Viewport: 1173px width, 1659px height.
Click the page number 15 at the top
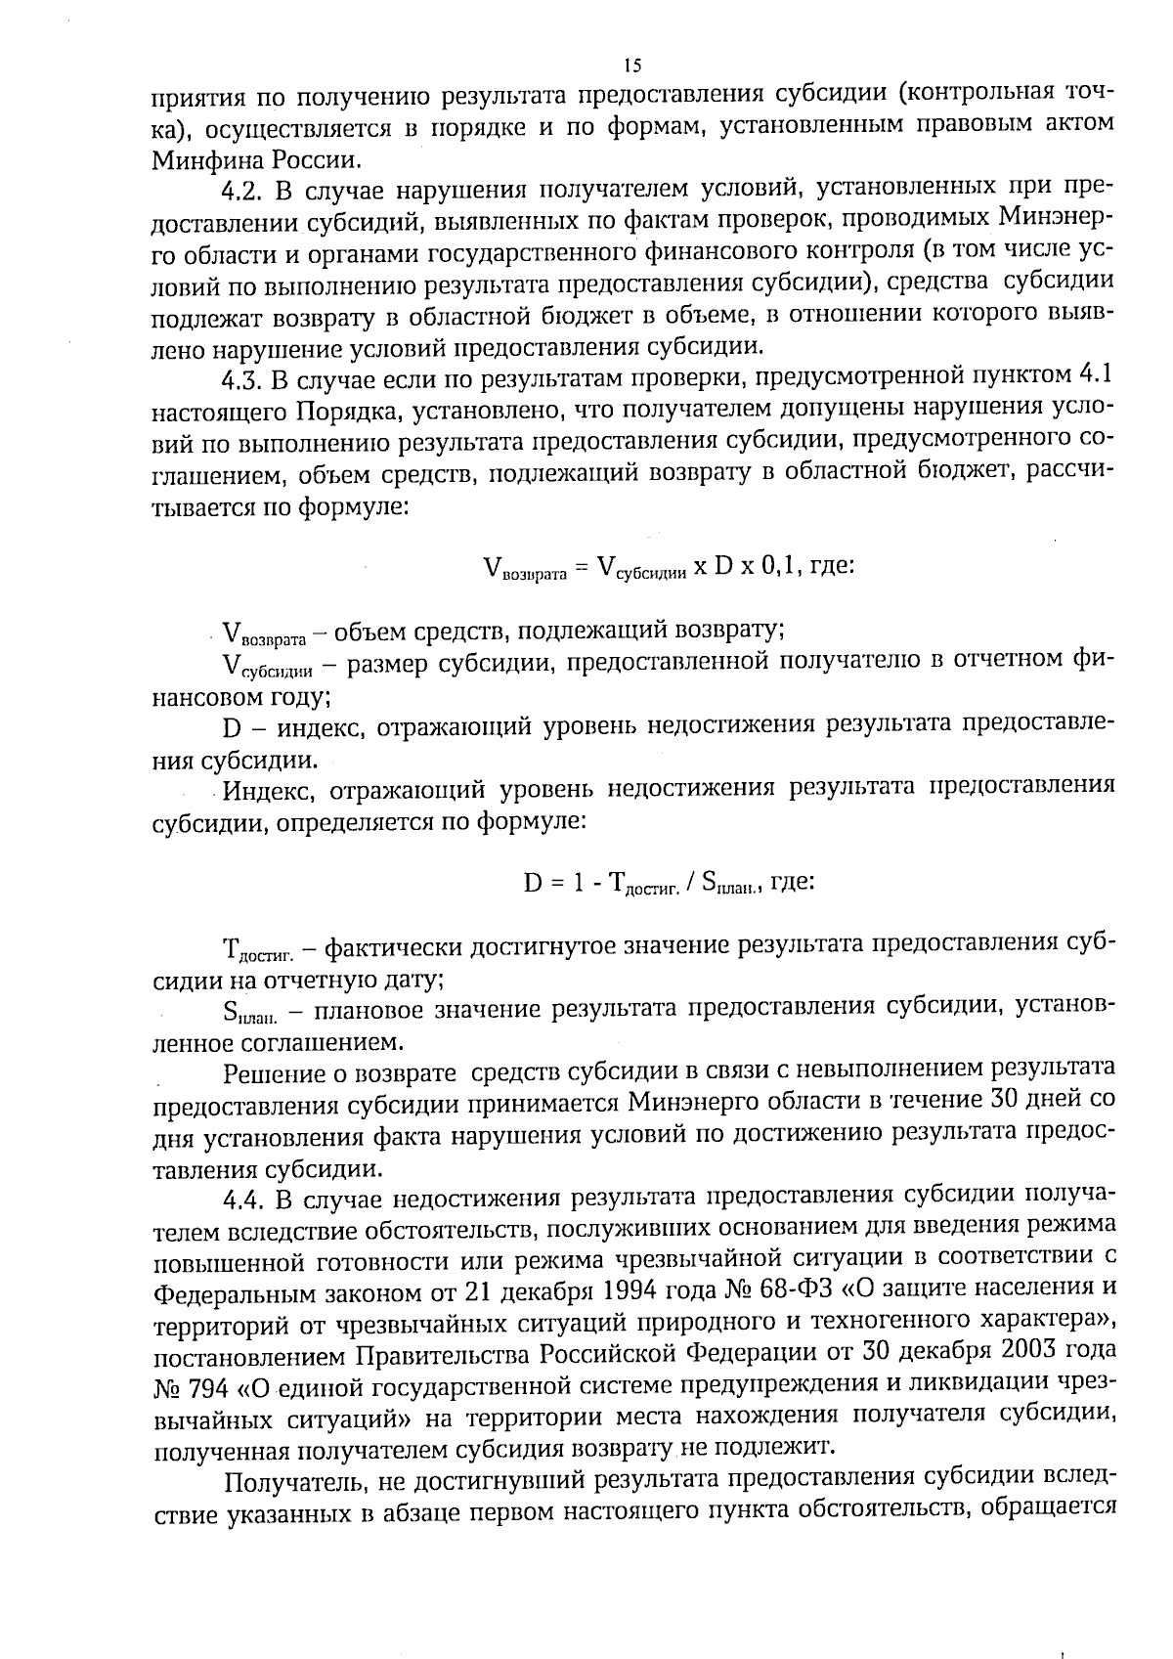pyautogui.click(x=631, y=65)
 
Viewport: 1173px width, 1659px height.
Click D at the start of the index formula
pyautogui.click(x=533, y=884)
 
